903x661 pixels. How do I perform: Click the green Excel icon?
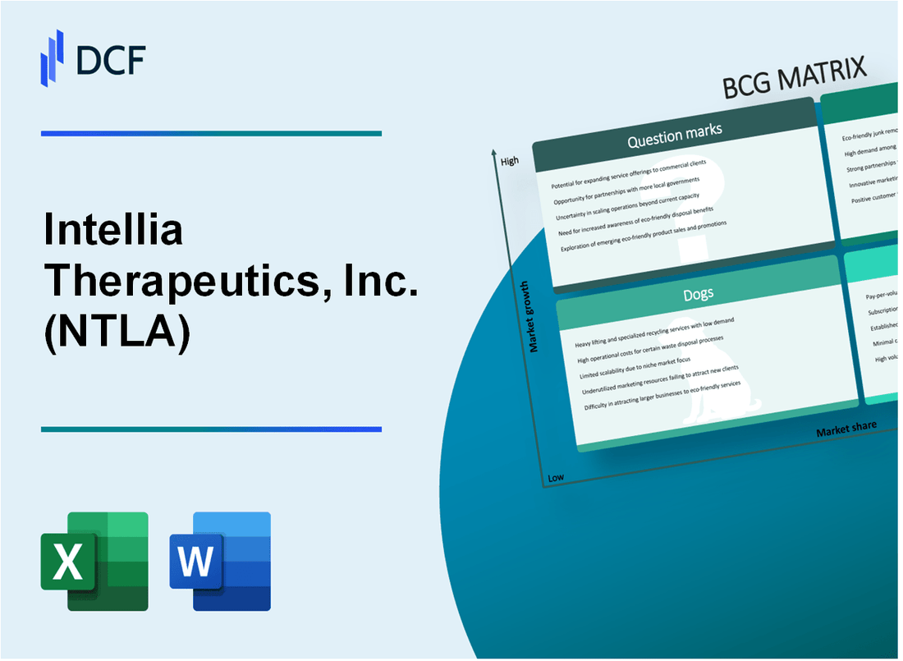coord(94,561)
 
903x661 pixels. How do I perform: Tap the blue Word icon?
coord(220,561)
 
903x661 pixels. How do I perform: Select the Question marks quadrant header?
coord(674,136)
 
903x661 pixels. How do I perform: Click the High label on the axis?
coord(509,161)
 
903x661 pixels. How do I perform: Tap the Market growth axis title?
coord(534,316)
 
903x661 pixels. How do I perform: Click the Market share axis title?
coord(846,428)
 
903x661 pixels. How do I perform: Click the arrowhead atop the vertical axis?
coord(493,153)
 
